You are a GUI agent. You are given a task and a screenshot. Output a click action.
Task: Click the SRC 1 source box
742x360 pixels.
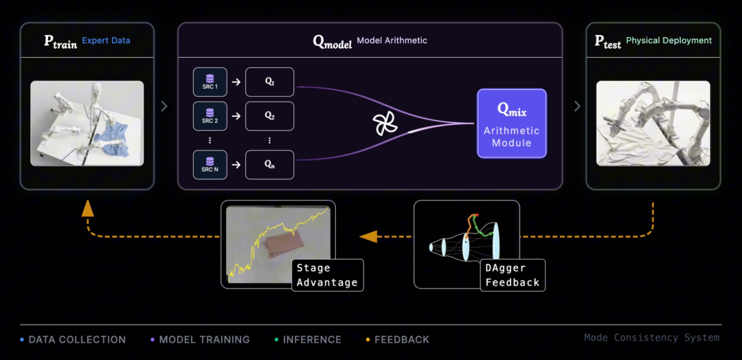pyautogui.click(x=210, y=82)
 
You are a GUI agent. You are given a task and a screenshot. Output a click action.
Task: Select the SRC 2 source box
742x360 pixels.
pyautogui.click(x=210, y=116)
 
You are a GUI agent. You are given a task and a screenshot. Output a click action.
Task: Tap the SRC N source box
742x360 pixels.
pyautogui.click(x=210, y=165)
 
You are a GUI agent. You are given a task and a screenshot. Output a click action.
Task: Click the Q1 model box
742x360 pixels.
pyautogui.click(x=269, y=82)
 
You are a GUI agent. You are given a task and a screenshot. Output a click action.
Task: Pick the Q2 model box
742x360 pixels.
pyautogui.click(x=269, y=116)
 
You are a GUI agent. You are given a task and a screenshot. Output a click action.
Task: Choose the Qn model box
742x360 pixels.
pyautogui.click(x=269, y=165)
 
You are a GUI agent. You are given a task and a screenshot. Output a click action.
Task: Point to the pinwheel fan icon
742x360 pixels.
pyautogui.click(x=385, y=124)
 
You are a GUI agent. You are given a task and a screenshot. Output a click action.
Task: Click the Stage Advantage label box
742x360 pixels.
pyautogui.click(x=327, y=275)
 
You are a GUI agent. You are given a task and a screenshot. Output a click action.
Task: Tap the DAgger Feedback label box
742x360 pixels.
pyautogui.click(x=513, y=275)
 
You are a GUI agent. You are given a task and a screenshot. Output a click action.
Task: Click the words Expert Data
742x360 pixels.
pyautogui.click(x=106, y=41)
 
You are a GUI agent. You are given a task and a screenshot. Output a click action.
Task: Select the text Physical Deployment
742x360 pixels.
pyautogui.click(x=668, y=41)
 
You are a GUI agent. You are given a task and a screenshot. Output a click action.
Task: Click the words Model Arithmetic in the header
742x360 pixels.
pyautogui.click(x=392, y=41)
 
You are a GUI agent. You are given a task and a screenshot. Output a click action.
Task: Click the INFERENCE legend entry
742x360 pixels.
pyautogui.click(x=311, y=339)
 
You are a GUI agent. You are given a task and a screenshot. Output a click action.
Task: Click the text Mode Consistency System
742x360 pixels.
pyautogui.click(x=651, y=337)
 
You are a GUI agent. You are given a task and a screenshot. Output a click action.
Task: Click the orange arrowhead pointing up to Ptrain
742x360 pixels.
pyautogui.click(x=88, y=209)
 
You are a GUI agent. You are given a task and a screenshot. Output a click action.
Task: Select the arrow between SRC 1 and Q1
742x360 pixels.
pyautogui.click(x=236, y=82)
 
